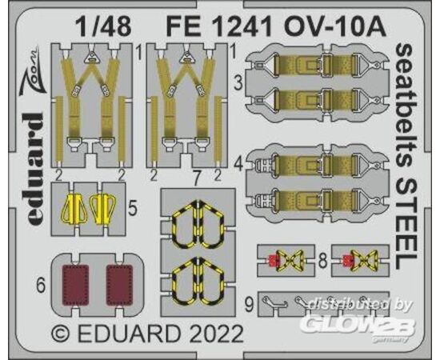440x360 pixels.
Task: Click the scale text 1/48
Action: click(x=104, y=26)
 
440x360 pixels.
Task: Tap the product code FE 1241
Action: click(x=219, y=26)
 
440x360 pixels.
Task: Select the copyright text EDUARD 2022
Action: click(x=147, y=334)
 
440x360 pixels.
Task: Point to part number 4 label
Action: click(x=239, y=165)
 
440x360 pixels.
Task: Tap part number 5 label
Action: click(x=133, y=208)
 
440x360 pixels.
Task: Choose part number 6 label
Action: click(x=41, y=286)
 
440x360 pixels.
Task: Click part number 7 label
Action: click(x=197, y=179)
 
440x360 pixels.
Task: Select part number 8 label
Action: click(x=322, y=261)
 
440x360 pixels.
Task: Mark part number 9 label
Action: click(x=249, y=305)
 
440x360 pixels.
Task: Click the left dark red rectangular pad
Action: click(x=75, y=285)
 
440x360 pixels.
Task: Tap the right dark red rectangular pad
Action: click(x=119, y=285)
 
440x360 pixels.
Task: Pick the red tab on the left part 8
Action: click(x=272, y=261)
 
